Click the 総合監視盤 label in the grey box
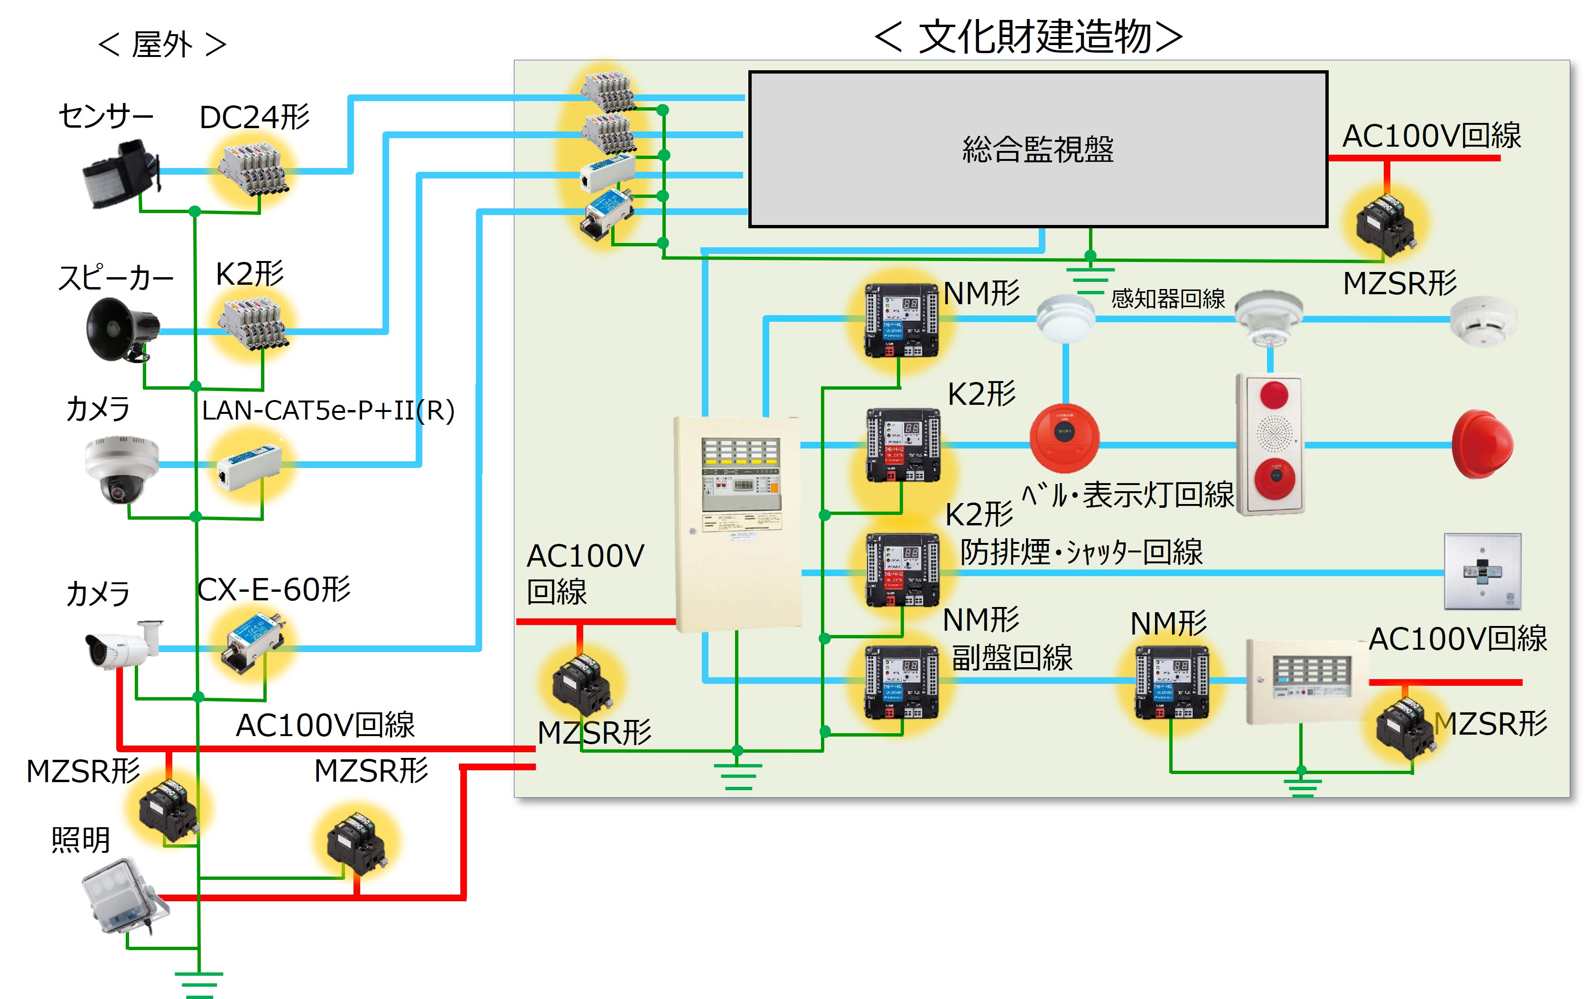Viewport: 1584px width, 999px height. click(1037, 149)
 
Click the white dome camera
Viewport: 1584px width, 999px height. click(122, 468)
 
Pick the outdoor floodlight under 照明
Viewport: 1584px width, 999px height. click(124, 896)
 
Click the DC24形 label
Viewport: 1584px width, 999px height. click(254, 118)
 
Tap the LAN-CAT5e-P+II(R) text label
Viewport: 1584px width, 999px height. click(327, 411)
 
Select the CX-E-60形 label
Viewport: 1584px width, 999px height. click(274, 590)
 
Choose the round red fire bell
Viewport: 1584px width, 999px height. click(1064, 438)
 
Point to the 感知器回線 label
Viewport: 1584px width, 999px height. click(1168, 299)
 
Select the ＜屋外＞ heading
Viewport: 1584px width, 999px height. click(162, 45)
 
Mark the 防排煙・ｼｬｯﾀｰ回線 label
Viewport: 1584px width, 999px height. click(1081, 552)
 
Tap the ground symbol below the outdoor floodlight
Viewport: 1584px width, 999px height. click(199, 984)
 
